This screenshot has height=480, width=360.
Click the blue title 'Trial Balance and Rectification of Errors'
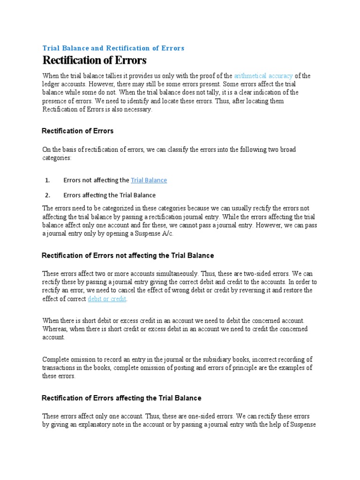(x=113, y=48)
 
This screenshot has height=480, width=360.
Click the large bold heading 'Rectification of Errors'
(x=94, y=60)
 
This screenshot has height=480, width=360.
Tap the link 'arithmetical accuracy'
(x=263, y=76)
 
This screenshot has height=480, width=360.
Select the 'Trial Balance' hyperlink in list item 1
(x=149, y=180)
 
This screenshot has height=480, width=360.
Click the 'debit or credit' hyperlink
(x=107, y=299)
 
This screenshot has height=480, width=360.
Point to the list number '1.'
(x=47, y=180)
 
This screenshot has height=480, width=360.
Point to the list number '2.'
(x=47, y=195)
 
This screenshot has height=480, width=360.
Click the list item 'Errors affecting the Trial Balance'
(x=109, y=195)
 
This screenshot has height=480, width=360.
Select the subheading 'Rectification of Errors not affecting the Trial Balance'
(x=127, y=255)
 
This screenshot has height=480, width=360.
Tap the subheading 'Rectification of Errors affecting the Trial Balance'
(x=121, y=398)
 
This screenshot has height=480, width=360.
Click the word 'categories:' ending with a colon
(x=57, y=158)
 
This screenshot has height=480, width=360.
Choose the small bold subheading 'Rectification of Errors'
(x=78, y=131)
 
